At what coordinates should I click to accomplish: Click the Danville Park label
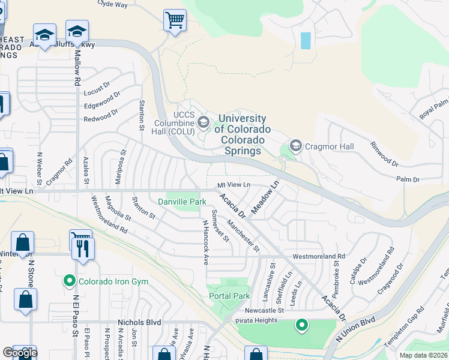[178, 202]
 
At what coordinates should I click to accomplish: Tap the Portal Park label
[229, 296]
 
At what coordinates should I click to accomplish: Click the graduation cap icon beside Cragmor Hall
[295, 146]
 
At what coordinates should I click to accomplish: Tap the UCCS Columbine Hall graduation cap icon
[203, 123]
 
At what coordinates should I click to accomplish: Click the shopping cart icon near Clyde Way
[175, 20]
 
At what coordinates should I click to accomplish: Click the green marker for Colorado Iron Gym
[70, 280]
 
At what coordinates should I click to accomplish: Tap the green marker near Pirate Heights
[301, 325]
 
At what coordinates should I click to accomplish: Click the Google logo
[20, 353]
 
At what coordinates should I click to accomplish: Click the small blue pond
[306, 40]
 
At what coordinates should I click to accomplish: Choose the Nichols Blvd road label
[139, 322]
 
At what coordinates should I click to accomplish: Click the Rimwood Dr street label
[384, 154]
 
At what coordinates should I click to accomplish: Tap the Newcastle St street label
[264, 310]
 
